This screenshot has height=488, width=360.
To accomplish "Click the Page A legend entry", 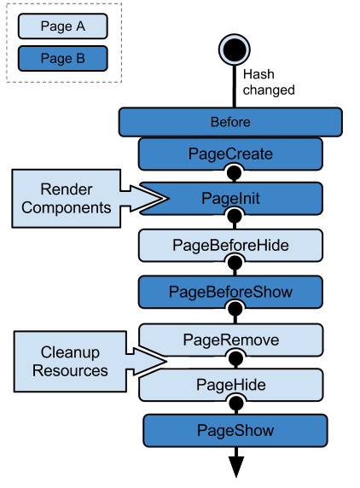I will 63,26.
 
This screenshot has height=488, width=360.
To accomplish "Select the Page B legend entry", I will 63,58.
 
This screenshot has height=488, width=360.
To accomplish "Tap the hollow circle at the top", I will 234,49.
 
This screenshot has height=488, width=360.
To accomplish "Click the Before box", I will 230,122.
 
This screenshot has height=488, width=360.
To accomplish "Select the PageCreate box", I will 230,154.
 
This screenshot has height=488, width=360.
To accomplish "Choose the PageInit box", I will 230,198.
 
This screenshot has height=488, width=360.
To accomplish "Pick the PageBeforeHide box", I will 230,245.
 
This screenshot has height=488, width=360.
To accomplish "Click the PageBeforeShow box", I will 230,292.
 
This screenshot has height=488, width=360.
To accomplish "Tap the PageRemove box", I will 230,340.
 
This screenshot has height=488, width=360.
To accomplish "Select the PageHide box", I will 230,385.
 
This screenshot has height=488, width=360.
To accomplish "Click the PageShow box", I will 235,430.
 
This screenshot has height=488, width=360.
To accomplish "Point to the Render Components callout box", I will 67,198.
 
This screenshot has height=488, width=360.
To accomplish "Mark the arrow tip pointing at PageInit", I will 167,198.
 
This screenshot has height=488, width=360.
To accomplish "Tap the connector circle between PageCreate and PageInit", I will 231,173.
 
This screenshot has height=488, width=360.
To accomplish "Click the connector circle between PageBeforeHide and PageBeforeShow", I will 231,267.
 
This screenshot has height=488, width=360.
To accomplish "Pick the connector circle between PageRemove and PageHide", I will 231,362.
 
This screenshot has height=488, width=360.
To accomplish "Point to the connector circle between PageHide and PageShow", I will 231,407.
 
